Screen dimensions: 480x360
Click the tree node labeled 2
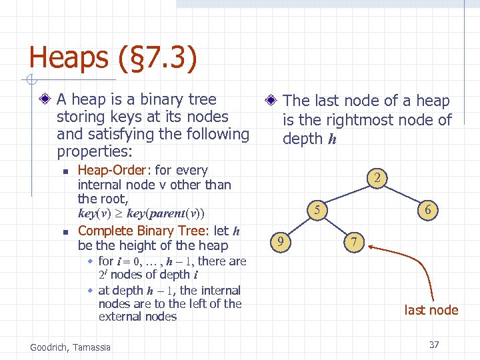point(377,178)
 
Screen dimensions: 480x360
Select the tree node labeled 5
point(318,210)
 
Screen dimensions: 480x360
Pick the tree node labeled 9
point(282,241)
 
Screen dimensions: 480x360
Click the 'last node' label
point(431,310)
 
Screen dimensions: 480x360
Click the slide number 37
point(434,345)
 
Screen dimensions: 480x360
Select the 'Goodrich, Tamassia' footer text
point(71,346)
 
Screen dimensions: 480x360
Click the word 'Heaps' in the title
point(67,58)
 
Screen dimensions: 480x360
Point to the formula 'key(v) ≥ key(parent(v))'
point(141,214)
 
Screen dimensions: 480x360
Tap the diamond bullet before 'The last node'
point(271,101)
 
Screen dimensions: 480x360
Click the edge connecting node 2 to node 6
point(404,194)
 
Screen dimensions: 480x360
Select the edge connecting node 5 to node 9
point(300,225)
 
